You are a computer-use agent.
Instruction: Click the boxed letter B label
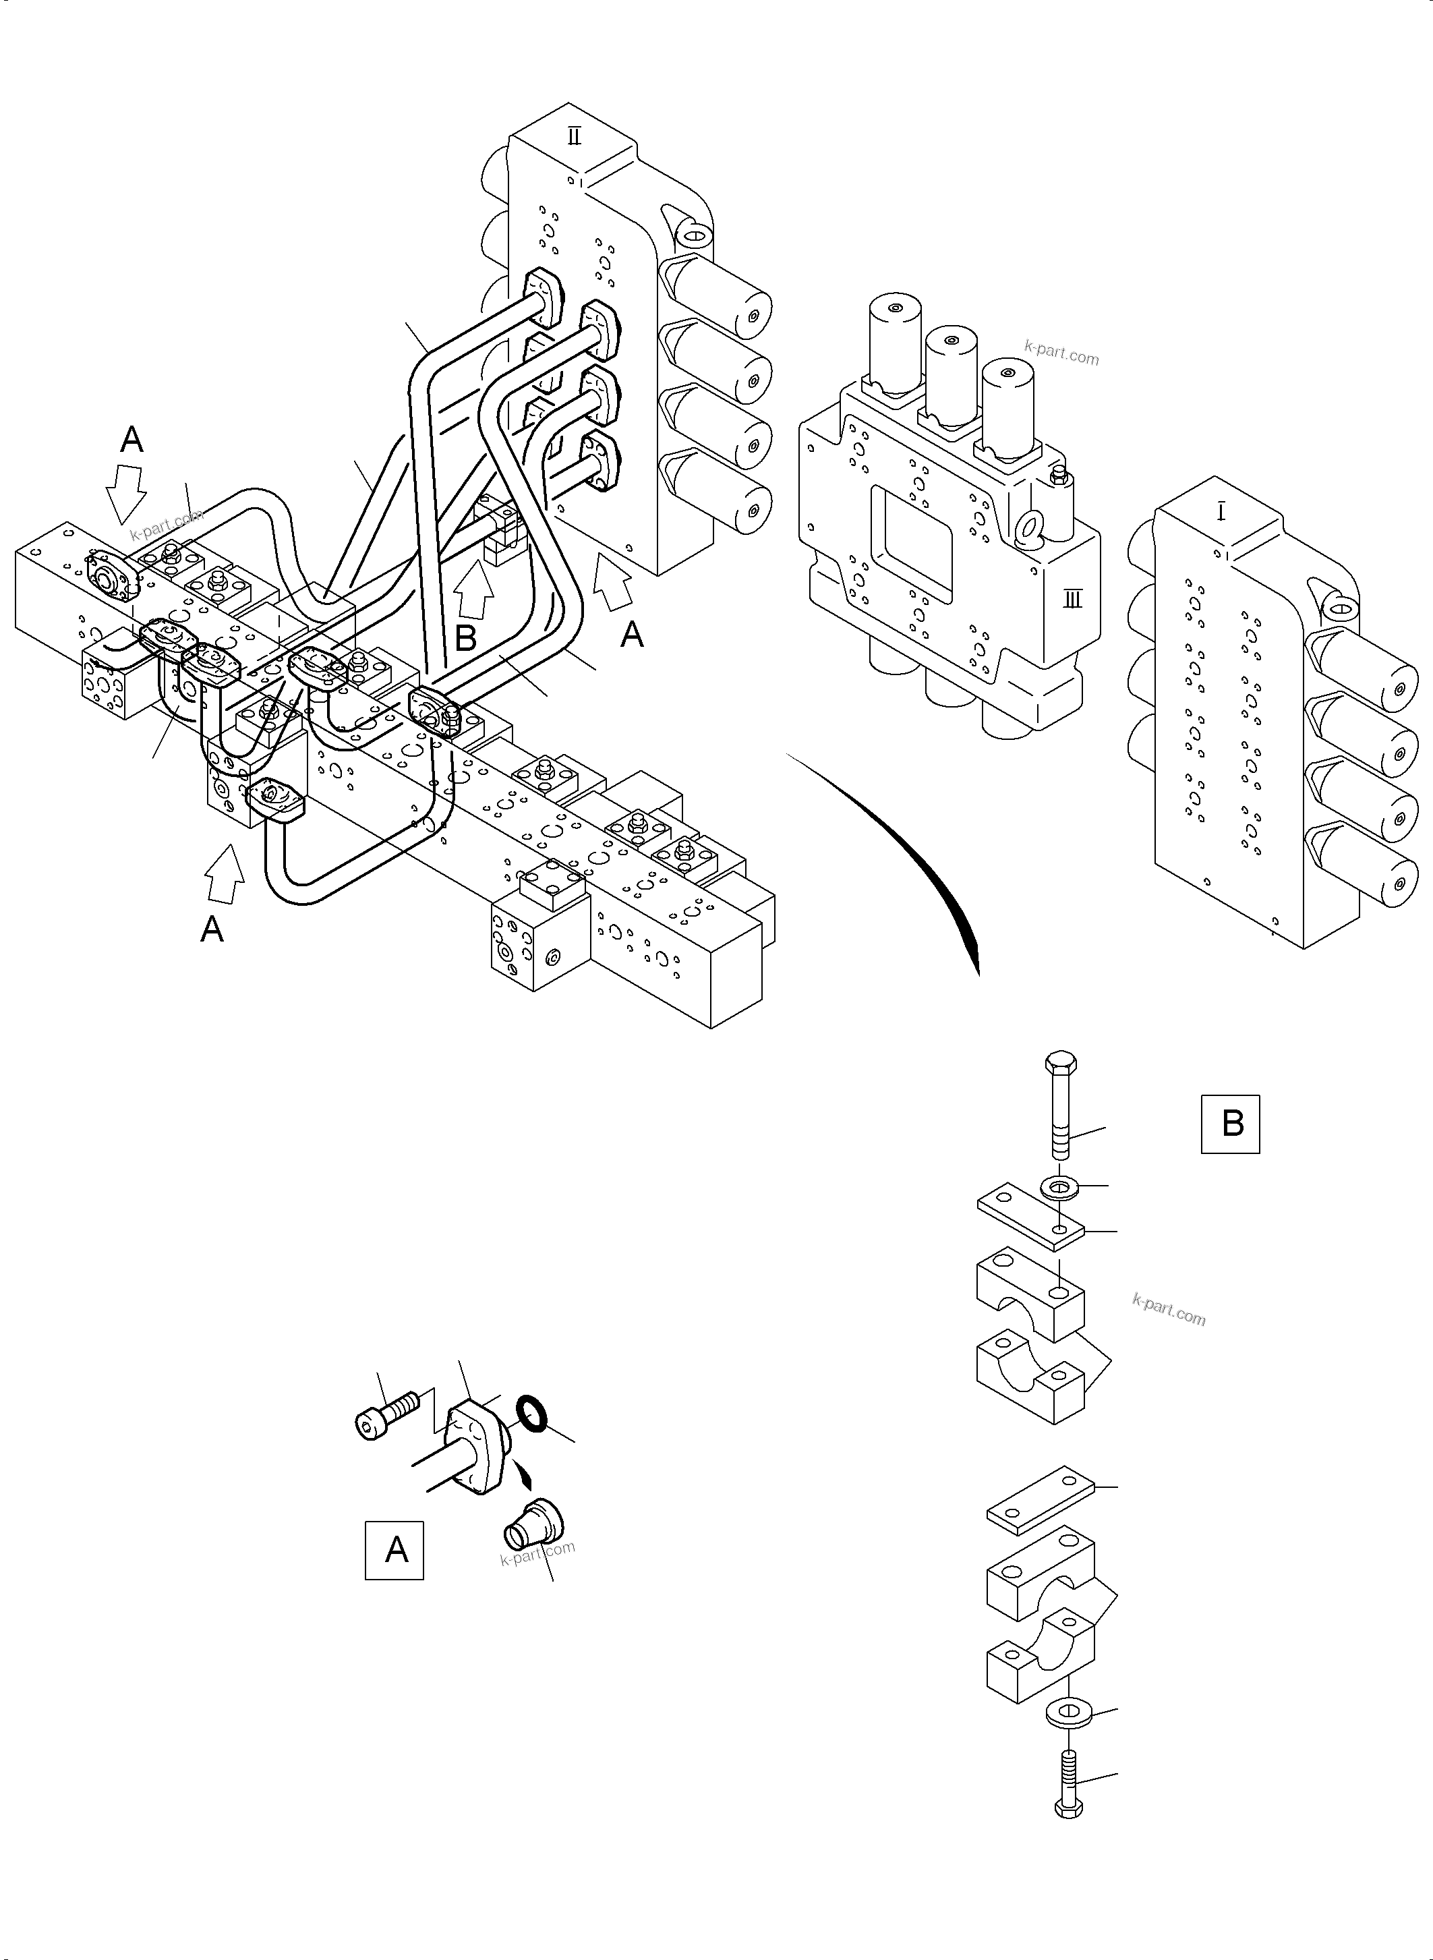click(x=1230, y=1124)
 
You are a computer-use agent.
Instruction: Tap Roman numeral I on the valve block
click(x=1221, y=514)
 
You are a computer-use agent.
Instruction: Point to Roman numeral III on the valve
click(x=1073, y=599)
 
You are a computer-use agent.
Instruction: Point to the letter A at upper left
click(x=131, y=440)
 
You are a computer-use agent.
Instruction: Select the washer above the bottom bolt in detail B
click(x=1069, y=1714)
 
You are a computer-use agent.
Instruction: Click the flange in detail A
click(x=473, y=1446)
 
